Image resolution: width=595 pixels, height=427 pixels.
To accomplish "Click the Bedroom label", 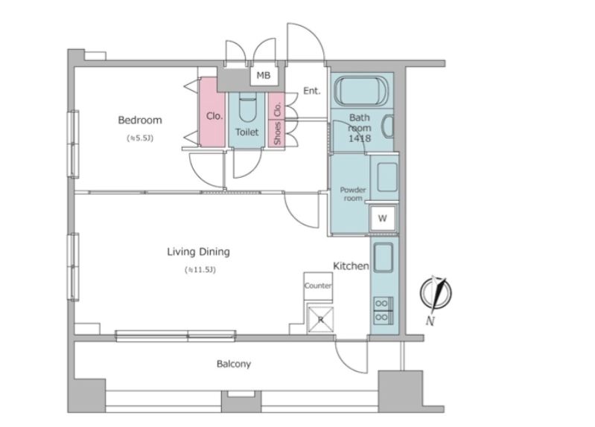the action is click(x=140, y=121).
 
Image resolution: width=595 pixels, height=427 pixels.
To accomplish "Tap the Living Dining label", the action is click(x=199, y=251).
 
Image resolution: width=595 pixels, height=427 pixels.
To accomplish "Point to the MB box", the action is click(x=264, y=75).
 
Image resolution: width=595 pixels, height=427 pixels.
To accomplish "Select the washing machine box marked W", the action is click(x=383, y=218).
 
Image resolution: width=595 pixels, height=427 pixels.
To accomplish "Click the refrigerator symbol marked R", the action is click(x=321, y=319).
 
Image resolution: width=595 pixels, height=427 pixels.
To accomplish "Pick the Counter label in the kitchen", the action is click(x=318, y=286).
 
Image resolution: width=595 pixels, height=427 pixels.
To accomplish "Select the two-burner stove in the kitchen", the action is click(x=383, y=310).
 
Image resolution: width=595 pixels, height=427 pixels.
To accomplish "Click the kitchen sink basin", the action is click(x=384, y=258).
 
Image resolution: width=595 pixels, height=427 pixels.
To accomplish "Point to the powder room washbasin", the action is click(x=387, y=177).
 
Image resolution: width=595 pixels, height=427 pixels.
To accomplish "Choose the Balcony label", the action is click(x=234, y=364).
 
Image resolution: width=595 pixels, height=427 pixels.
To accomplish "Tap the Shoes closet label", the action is click(x=277, y=133).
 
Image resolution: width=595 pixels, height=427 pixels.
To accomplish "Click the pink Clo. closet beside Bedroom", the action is click(x=211, y=112).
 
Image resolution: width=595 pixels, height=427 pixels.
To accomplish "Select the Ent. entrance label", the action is click(x=311, y=91).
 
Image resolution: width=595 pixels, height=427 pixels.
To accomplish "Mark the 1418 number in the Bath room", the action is click(x=360, y=138).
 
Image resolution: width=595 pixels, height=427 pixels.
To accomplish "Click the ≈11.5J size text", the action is click(x=200, y=270).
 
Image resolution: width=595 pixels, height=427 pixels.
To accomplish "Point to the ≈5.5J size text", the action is click(x=140, y=138).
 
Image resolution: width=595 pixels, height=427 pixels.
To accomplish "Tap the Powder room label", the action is click(x=353, y=193).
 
